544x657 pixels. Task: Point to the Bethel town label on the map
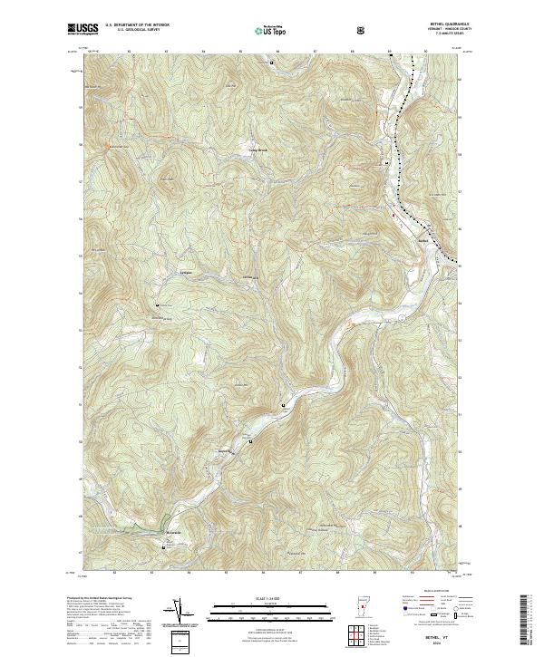pyautogui.click(x=422, y=240)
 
